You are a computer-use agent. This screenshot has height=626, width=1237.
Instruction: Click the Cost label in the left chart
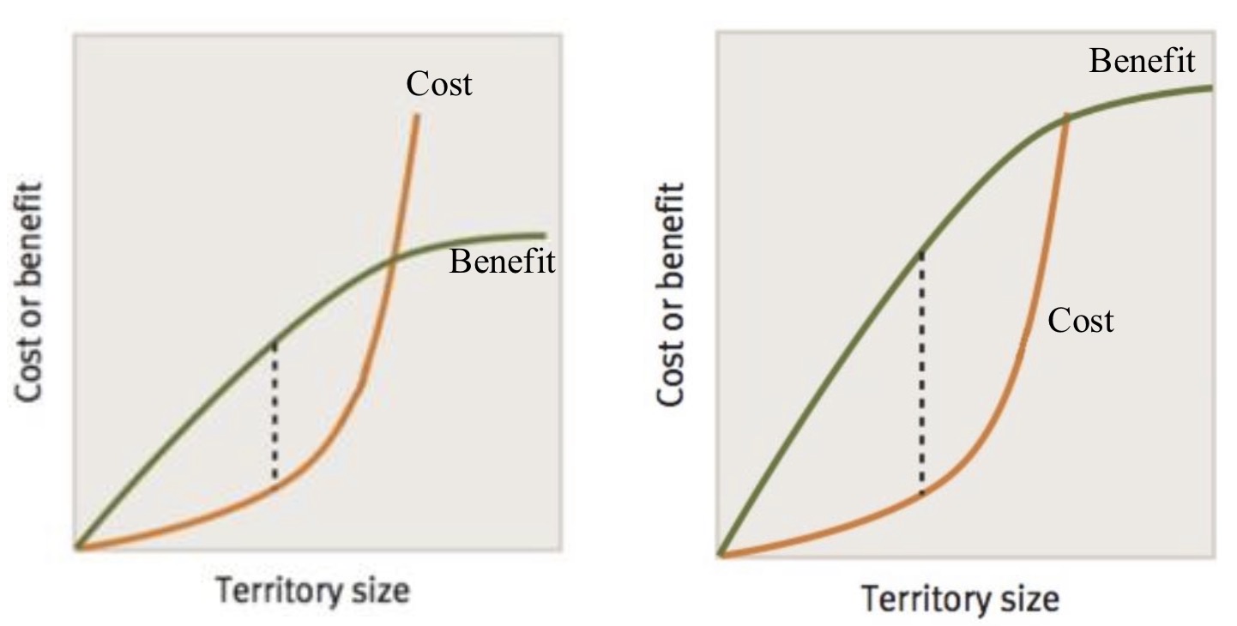pos(439,84)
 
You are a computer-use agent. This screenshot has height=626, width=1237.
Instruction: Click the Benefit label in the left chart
pos(503,262)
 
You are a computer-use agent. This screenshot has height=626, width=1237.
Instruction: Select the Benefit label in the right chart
pos(1142,62)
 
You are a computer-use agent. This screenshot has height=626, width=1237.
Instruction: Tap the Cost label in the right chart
pos(1081,321)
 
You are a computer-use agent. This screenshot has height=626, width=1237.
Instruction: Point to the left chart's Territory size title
pos(312,591)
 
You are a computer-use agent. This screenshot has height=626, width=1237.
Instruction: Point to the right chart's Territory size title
pos(960,598)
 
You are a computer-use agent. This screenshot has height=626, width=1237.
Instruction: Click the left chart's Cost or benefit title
pos(31,292)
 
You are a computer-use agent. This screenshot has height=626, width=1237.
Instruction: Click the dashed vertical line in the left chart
pos(275,412)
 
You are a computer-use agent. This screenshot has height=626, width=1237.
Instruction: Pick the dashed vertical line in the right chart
pos(921,373)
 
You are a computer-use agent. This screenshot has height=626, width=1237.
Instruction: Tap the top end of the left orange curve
pos(417,116)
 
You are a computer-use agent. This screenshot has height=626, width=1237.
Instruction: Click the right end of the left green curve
pos(543,235)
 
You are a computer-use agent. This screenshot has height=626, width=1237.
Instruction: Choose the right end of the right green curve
pos(1210,87)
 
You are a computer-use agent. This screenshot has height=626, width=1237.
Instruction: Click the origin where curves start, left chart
pos(78,546)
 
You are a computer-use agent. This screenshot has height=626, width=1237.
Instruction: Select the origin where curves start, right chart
pos(722,554)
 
